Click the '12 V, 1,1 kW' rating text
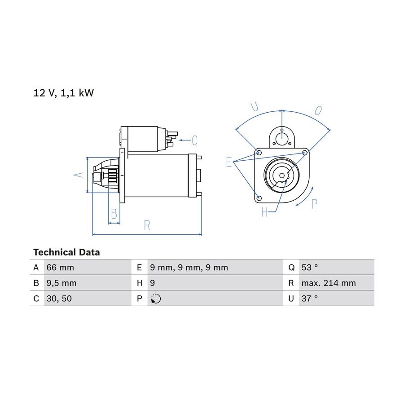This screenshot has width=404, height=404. pyautogui.click(x=64, y=93)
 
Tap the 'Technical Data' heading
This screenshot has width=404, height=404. pyautogui.click(x=66, y=252)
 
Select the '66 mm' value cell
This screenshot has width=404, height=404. pyautogui.click(x=60, y=268)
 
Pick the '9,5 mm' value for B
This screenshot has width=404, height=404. pyautogui.click(x=61, y=283)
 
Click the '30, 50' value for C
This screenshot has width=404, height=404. pyautogui.click(x=59, y=299)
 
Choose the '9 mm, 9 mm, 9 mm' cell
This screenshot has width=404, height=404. pyautogui.click(x=189, y=268)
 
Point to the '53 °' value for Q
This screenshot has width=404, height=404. pyautogui.click(x=310, y=268)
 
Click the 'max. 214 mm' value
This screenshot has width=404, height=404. pyautogui.click(x=329, y=283)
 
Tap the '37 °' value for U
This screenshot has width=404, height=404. pyautogui.click(x=310, y=299)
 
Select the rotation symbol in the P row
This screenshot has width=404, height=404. pyautogui.click(x=156, y=299)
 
